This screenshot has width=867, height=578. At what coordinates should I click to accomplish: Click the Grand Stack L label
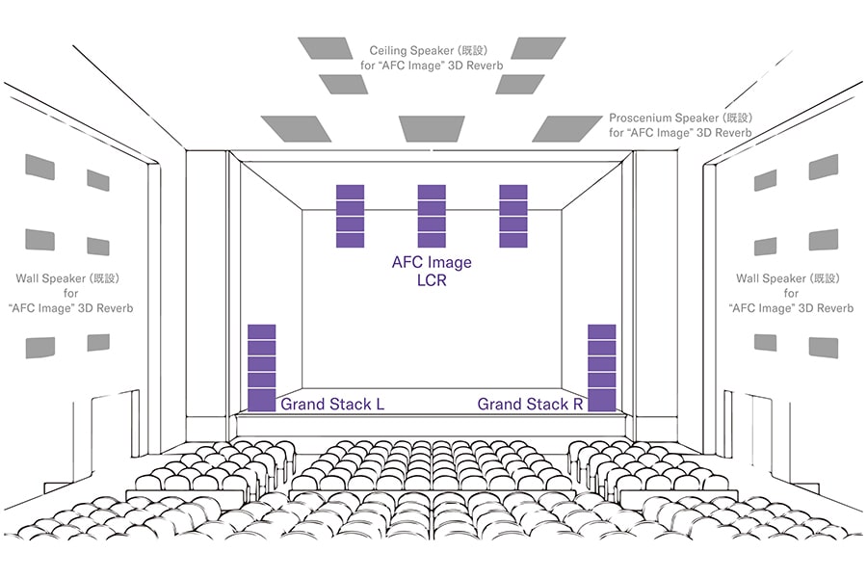tap(332, 405)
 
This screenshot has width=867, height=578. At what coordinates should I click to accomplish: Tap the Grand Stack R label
tap(530, 405)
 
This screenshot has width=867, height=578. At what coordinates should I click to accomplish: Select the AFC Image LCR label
tap(432, 271)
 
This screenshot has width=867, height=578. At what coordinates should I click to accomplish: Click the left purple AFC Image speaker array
tap(350, 216)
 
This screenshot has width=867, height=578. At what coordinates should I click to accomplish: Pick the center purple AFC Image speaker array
tap(432, 216)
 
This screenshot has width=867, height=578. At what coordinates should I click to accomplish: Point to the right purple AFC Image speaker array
tap(513, 216)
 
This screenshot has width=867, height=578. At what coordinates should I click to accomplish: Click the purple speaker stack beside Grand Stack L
tap(261, 368)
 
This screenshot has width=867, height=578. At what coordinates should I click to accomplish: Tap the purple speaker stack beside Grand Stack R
tap(601, 368)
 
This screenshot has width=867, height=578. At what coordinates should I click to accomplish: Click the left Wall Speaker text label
tap(70, 293)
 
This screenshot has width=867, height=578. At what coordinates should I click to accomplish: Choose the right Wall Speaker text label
tap(791, 293)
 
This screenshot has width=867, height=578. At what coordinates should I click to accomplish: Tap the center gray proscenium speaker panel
tap(432, 128)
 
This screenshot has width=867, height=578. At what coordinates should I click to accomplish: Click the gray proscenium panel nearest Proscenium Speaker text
tap(566, 128)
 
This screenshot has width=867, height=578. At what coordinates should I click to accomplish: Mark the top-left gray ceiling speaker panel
tap(326, 48)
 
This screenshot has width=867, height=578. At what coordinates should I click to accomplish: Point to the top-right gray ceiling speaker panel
tap(538, 48)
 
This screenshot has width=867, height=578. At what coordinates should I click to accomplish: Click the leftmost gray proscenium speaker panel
tap(296, 128)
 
